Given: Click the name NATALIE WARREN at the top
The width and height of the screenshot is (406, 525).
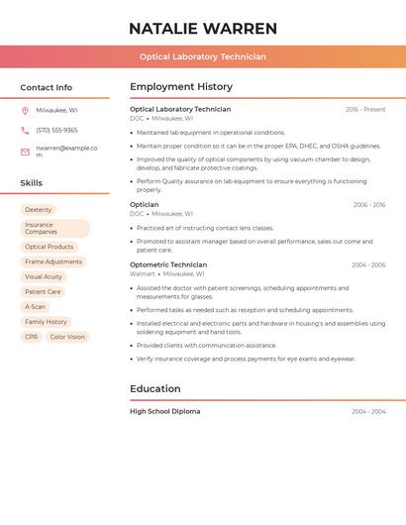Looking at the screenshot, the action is (x=203, y=29).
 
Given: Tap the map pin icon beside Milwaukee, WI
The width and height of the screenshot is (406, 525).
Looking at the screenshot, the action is (x=25, y=111).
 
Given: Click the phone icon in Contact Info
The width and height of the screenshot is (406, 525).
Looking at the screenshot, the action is (x=25, y=130).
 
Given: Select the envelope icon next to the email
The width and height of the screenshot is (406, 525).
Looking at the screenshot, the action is (x=25, y=152).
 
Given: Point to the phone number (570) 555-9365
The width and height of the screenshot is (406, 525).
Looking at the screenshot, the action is (x=56, y=130).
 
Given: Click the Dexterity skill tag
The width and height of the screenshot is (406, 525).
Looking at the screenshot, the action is (x=39, y=210).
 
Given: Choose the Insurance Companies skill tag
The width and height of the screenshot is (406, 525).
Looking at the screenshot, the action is (x=54, y=229).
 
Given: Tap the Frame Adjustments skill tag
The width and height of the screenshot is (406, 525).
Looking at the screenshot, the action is (x=53, y=262).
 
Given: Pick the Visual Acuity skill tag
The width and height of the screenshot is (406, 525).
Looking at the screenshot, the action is (x=44, y=277).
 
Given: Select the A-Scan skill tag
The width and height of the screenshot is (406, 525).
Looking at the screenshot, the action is (x=36, y=307).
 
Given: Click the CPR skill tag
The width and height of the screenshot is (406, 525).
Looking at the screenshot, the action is (x=32, y=337).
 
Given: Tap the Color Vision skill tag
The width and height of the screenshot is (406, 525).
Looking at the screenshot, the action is (x=67, y=337).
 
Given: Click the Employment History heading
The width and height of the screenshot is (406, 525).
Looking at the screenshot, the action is (x=181, y=87).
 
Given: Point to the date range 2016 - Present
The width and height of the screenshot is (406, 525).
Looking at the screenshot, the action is (x=365, y=110).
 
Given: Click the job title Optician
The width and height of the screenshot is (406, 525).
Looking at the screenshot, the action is (x=145, y=205).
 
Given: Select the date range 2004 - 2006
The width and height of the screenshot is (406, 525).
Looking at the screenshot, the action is (x=368, y=265).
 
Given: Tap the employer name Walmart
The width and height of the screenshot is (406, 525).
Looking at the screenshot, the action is (x=143, y=273).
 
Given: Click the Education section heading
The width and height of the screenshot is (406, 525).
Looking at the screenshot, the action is (x=155, y=389).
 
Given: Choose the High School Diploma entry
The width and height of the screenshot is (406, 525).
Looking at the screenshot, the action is (x=164, y=411).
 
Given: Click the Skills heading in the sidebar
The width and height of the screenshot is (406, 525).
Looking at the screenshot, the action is (x=32, y=183).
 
